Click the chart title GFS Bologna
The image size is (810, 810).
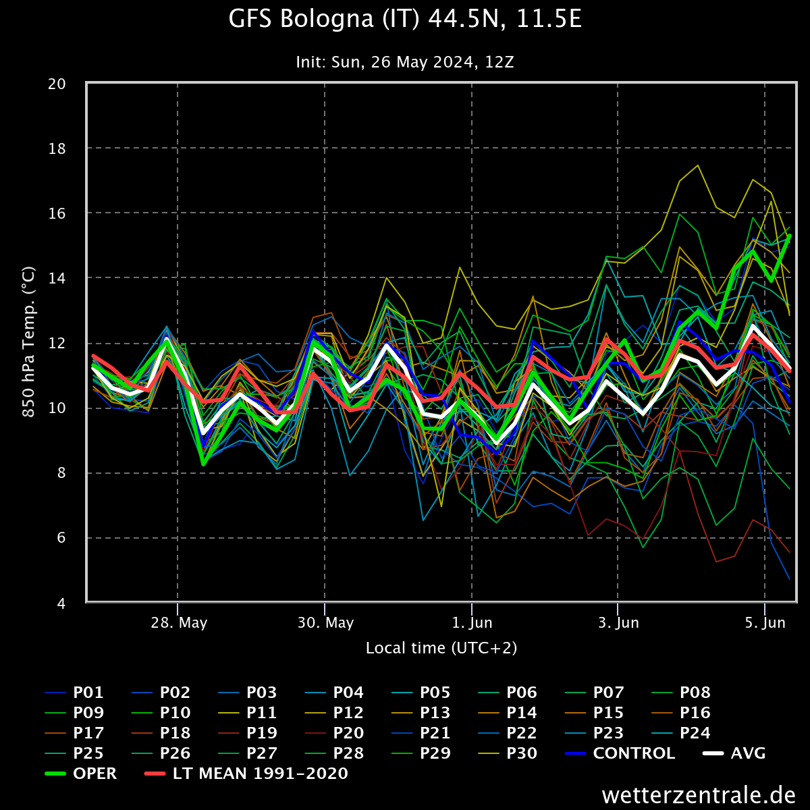click(405, 20)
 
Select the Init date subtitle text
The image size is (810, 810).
click(405, 62)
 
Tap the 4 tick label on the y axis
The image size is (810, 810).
click(61, 603)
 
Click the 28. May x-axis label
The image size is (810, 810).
click(178, 622)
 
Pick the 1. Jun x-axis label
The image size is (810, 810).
click(472, 622)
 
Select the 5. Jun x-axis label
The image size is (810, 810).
click(765, 622)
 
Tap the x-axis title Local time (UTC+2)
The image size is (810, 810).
click(441, 648)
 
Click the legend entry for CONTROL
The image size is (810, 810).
click(633, 753)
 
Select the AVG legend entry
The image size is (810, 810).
click(748, 753)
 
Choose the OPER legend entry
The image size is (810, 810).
click(94, 774)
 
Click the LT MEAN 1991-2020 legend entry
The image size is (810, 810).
click(260, 774)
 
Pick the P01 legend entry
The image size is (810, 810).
click(88, 693)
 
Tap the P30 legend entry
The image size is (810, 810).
click(522, 753)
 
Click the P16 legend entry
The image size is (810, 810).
click(695, 713)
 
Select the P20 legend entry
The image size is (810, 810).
click(348, 733)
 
